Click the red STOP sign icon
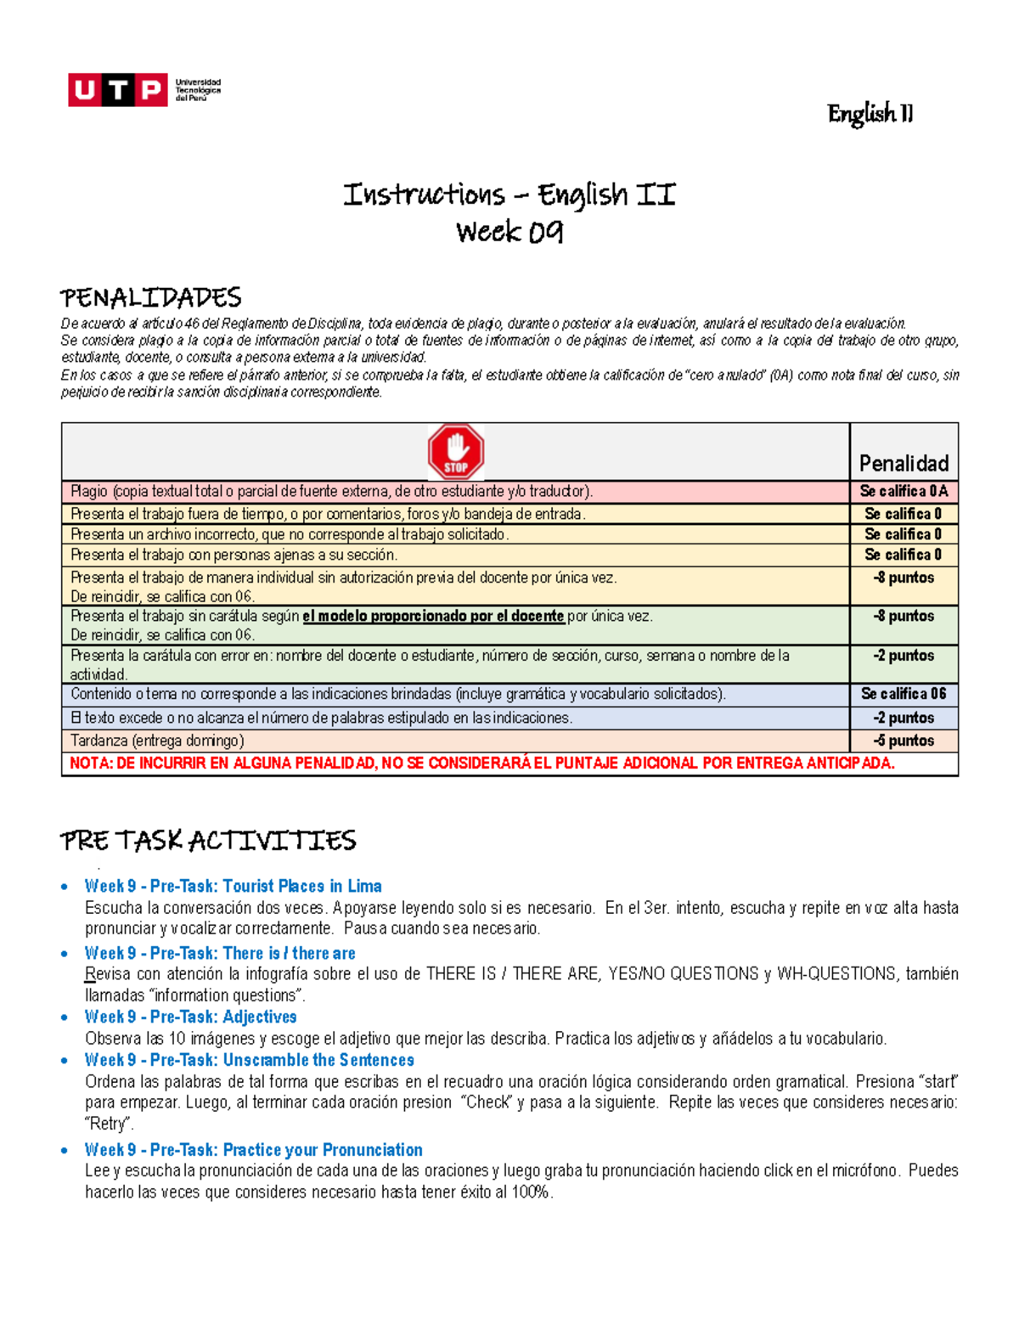pos(456,452)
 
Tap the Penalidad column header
pos(904,463)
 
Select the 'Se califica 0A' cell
pos(904,491)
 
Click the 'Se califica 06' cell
pos(904,694)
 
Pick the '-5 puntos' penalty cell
pos(904,741)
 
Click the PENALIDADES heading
pos(151,298)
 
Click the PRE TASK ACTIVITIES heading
pos(208,841)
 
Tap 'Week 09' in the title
pos(509,232)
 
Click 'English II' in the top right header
pos(870,114)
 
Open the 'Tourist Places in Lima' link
pos(233,886)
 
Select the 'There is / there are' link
pos(220,953)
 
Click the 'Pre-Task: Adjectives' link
pos(190,1017)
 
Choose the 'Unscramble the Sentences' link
pos(249,1060)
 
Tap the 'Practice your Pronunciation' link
pos(253,1150)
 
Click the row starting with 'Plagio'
pos(331,491)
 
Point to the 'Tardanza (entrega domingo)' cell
pos(158,741)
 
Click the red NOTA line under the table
pos(481,764)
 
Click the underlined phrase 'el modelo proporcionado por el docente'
pos(433,616)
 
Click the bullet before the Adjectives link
pos(65,1017)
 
